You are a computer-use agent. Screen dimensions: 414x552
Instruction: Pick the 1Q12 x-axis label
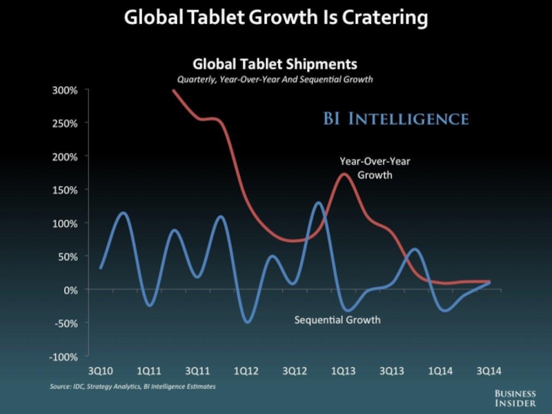246,371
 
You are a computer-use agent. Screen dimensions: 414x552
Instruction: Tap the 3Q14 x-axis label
488,371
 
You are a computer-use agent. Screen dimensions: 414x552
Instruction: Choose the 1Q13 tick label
343,371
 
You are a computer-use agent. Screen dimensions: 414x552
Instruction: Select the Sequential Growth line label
337,320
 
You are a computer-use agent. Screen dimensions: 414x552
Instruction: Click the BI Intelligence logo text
396,119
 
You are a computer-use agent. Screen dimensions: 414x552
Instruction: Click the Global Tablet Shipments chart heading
275,64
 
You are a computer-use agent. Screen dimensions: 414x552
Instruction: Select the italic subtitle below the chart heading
275,79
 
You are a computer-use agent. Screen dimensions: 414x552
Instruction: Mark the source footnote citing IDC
132,386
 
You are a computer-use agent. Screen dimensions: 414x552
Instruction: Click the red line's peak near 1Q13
344,174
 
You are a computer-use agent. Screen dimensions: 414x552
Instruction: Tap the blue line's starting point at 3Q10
101,268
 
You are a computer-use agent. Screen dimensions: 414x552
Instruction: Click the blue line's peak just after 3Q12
319,202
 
